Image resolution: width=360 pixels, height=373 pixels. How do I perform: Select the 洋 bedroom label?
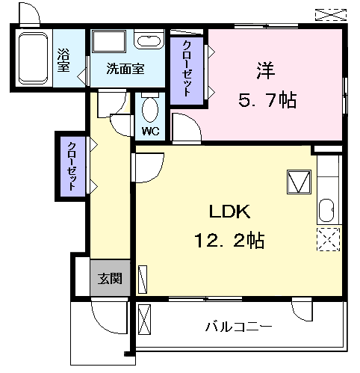coord(266,71)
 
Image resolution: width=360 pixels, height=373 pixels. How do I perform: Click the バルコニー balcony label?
coord(238,327)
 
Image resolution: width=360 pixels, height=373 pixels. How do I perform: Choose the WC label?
coord(151,132)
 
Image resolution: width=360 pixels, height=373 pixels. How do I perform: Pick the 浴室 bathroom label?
coord(64,61)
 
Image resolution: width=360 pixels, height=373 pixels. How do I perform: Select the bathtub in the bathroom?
coord(32,59)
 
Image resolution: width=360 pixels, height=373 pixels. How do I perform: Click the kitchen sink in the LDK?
coord(326,212)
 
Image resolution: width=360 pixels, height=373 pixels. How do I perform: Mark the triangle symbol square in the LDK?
coord(299,182)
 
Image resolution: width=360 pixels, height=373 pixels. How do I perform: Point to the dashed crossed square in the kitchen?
coord(327,238)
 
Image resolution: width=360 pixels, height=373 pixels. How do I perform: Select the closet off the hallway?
coord(72,164)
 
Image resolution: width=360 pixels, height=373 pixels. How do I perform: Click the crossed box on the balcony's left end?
coord(145,319)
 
